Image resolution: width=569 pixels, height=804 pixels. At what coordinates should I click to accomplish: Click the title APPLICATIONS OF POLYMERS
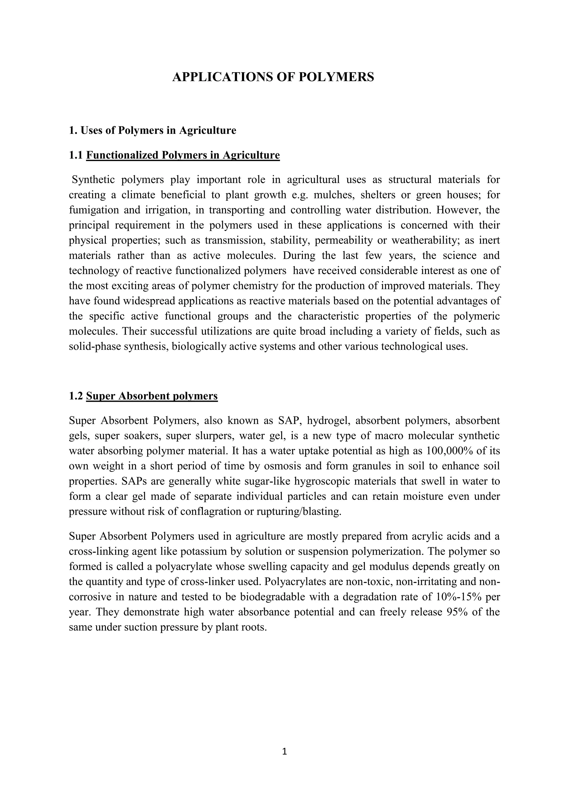click(x=273, y=77)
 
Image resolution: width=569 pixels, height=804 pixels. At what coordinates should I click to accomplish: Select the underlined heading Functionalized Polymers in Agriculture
click(x=183, y=155)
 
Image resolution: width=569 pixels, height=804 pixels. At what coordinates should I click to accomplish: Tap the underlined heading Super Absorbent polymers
click(x=152, y=396)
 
